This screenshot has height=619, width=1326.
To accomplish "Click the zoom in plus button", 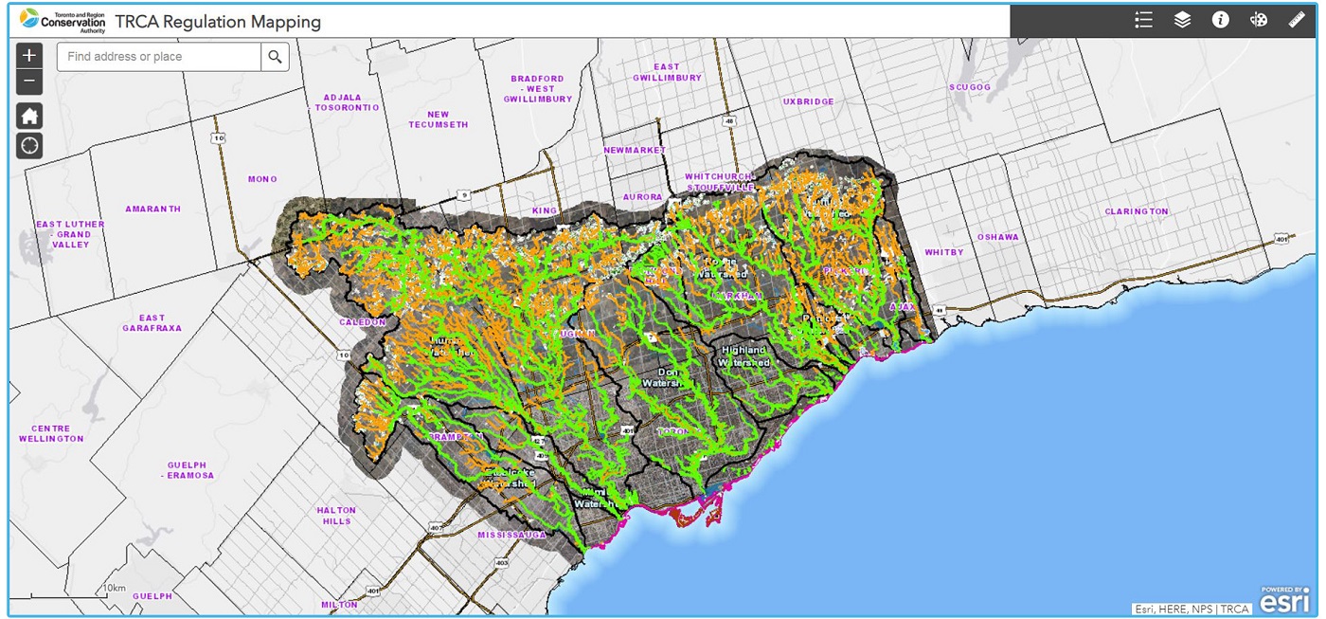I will pyautogui.click(x=29, y=56).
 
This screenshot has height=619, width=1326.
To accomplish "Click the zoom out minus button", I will pyautogui.click(x=29, y=82).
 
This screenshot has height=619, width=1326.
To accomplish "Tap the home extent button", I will pyautogui.click(x=29, y=117).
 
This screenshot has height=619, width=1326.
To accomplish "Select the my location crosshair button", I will pyautogui.click(x=29, y=145).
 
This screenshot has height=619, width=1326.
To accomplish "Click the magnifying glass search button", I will pyautogui.click(x=275, y=57).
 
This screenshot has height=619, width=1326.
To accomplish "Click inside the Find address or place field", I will pyautogui.click(x=159, y=57).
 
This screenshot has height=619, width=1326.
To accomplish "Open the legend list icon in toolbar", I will pyautogui.click(x=1144, y=20).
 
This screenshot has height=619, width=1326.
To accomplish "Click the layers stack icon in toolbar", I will pyautogui.click(x=1182, y=20).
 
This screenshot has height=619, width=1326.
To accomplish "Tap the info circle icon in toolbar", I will pyautogui.click(x=1220, y=20).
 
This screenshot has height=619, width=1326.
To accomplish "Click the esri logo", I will pyautogui.click(x=1284, y=600).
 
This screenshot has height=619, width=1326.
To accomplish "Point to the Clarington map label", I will pyautogui.click(x=1137, y=211).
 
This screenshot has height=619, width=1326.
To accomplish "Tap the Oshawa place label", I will pyautogui.click(x=998, y=237).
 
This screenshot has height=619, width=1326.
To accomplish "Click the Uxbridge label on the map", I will pyautogui.click(x=809, y=101).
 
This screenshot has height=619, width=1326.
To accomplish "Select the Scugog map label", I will pyautogui.click(x=969, y=87).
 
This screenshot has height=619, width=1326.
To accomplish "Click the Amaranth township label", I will pyautogui.click(x=152, y=209).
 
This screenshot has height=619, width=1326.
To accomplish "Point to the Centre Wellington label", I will pyautogui.click(x=51, y=434).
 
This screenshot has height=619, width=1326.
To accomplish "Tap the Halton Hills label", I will pyautogui.click(x=336, y=516).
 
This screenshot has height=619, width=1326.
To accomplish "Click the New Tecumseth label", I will pyautogui.click(x=438, y=119).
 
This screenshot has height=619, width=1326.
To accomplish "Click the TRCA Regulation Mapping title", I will pyautogui.click(x=218, y=21).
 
